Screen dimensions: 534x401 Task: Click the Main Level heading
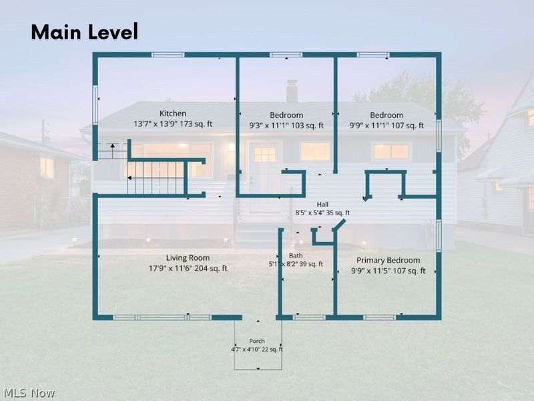(x=85, y=31)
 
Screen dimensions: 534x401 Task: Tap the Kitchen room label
(x=173, y=113)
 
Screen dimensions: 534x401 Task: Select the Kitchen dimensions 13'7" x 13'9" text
(x=156, y=124)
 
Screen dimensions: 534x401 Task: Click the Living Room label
(x=188, y=258)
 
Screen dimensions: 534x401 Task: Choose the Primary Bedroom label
(x=388, y=260)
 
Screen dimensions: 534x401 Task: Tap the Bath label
(x=296, y=255)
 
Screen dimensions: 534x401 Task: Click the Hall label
(x=322, y=205)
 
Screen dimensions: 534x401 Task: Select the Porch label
(x=257, y=341)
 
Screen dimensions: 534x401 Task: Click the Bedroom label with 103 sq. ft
(x=286, y=115)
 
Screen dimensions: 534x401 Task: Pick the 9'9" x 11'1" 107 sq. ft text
(x=386, y=126)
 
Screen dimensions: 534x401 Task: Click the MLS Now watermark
(x=27, y=393)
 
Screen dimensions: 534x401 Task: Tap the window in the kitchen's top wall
(x=168, y=55)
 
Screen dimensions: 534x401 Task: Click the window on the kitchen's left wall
(x=95, y=105)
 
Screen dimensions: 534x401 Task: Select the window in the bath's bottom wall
(x=309, y=317)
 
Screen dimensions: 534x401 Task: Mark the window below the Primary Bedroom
(x=380, y=317)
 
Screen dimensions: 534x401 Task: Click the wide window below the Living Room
(x=162, y=317)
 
